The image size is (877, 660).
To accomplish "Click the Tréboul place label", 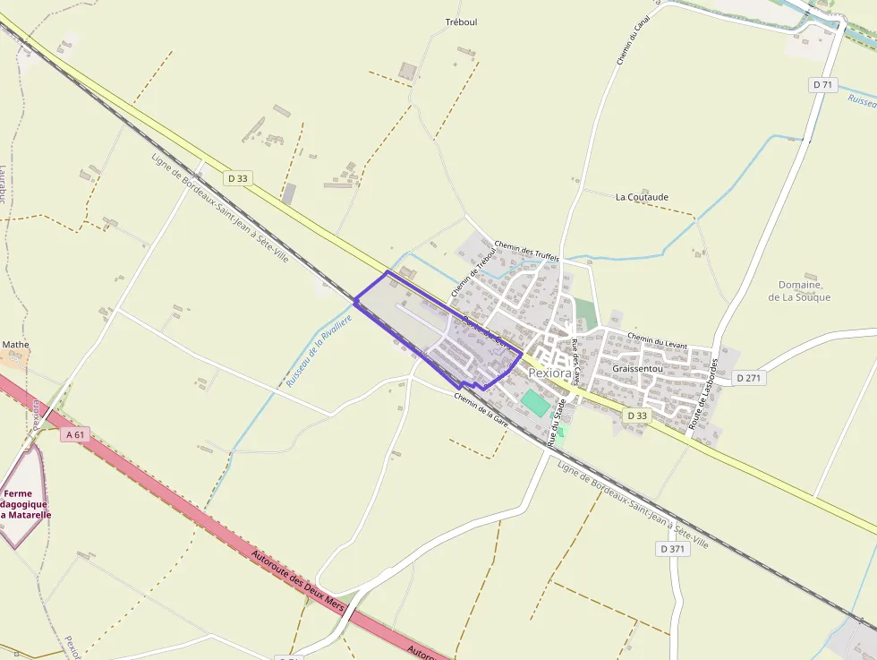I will [461, 22].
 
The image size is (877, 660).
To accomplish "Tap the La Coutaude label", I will [642, 197].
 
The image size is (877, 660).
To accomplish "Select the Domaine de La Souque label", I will [799, 291].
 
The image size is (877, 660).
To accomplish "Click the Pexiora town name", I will [549, 373].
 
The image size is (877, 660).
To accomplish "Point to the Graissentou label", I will [637, 368].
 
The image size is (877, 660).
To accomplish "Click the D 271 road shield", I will [750, 378].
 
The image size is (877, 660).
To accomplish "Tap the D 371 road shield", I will [674, 548].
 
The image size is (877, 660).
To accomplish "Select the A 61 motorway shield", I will [76, 435].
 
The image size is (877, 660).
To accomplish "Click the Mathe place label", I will [15, 344].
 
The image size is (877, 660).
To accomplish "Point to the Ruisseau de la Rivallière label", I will [319, 345].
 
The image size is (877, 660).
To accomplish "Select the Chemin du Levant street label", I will [658, 341].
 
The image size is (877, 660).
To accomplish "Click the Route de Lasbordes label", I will [703, 395].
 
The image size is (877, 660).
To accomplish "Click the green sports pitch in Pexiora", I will [537, 402].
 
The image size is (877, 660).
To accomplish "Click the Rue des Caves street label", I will [576, 357].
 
